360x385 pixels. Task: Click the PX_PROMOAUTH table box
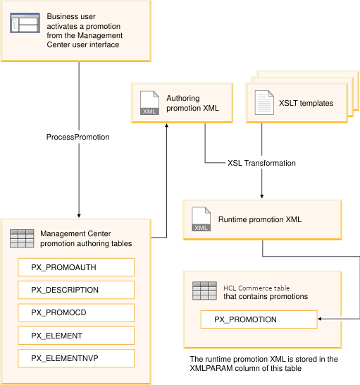click(x=76, y=267)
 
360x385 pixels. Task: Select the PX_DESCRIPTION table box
click(x=76, y=290)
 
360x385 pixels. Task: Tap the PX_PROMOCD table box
click(x=76, y=312)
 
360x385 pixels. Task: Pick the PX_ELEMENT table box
click(x=76, y=336)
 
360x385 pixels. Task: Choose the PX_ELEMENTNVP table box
click(x=76, y=358)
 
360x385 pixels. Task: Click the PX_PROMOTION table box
click(x=259, y=319)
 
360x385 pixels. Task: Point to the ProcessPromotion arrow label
click(x=78, y=137)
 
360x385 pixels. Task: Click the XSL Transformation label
click(x=261, y=163)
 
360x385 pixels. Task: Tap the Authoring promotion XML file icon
click(x=149, y=102)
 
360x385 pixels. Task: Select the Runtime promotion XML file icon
click(x=201, y=219)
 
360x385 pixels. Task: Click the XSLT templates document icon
click(x=263, y=104)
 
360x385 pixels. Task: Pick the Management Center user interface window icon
click(x=25, y=25)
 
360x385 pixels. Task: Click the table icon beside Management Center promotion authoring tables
click(x=22, y=238)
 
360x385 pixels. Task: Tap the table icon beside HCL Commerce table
click(x=204, y=291)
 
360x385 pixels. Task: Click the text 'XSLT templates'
click(x=306, y=104)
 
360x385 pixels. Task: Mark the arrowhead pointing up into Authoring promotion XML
click(x=166, y=125)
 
